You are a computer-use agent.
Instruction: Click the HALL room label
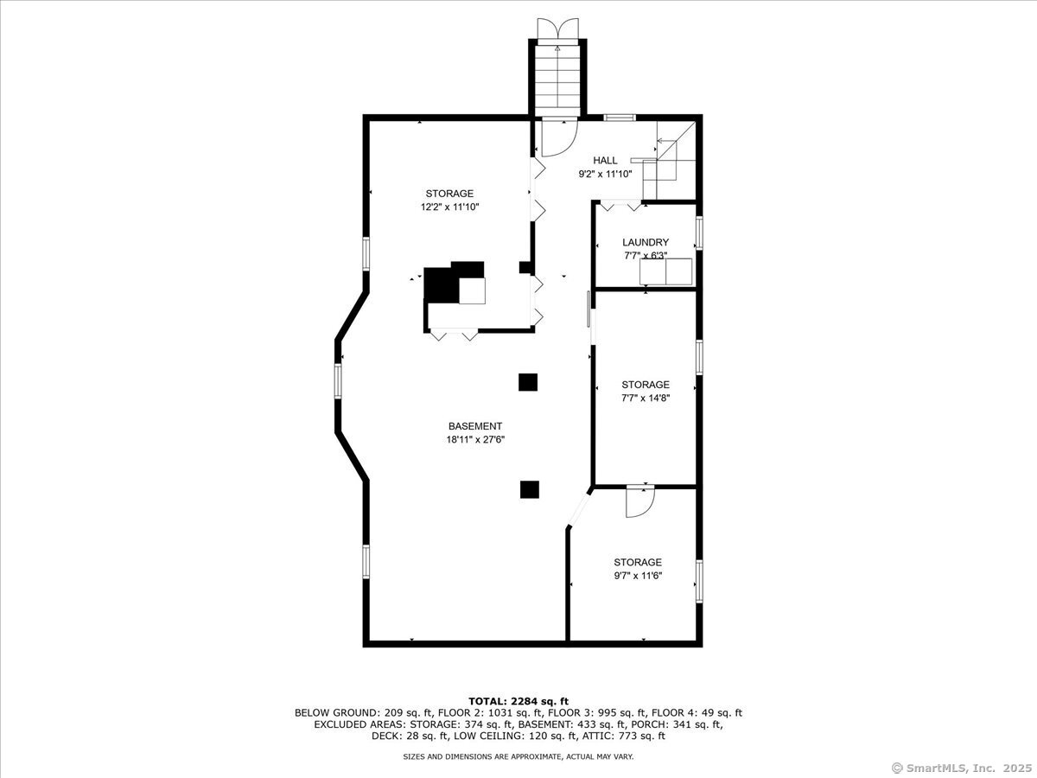[x=605, y=161]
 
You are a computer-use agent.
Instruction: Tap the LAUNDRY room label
[x=646, y=242]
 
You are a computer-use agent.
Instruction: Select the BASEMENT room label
[x=475, y=426]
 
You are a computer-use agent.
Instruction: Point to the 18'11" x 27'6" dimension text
[x=475, y=440]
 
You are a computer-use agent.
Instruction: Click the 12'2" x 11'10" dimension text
[x=449, y=207]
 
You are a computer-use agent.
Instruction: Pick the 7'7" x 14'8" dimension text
[x=646, y=398]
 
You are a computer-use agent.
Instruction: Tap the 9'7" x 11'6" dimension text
[x=638, y=576]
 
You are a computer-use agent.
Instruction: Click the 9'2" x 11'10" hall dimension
[x=605, y=174]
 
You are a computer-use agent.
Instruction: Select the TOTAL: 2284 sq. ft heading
[x=518, y=701]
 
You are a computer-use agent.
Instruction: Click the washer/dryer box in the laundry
[x=665, y=271]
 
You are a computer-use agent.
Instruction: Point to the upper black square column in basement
[x=528, y=382]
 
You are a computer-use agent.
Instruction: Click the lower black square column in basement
[x=529, y=489]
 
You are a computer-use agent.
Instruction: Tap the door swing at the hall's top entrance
[x=560, y=137]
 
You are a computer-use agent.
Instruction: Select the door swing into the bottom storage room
[x=640, y=501]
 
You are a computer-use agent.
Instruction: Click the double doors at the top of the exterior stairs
[x=558, y=31]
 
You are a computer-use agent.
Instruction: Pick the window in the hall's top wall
[x=619, y=118]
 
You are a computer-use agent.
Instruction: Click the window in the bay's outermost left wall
[x=338, y=379]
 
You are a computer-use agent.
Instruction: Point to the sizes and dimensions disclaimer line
[x=518, y=756]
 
